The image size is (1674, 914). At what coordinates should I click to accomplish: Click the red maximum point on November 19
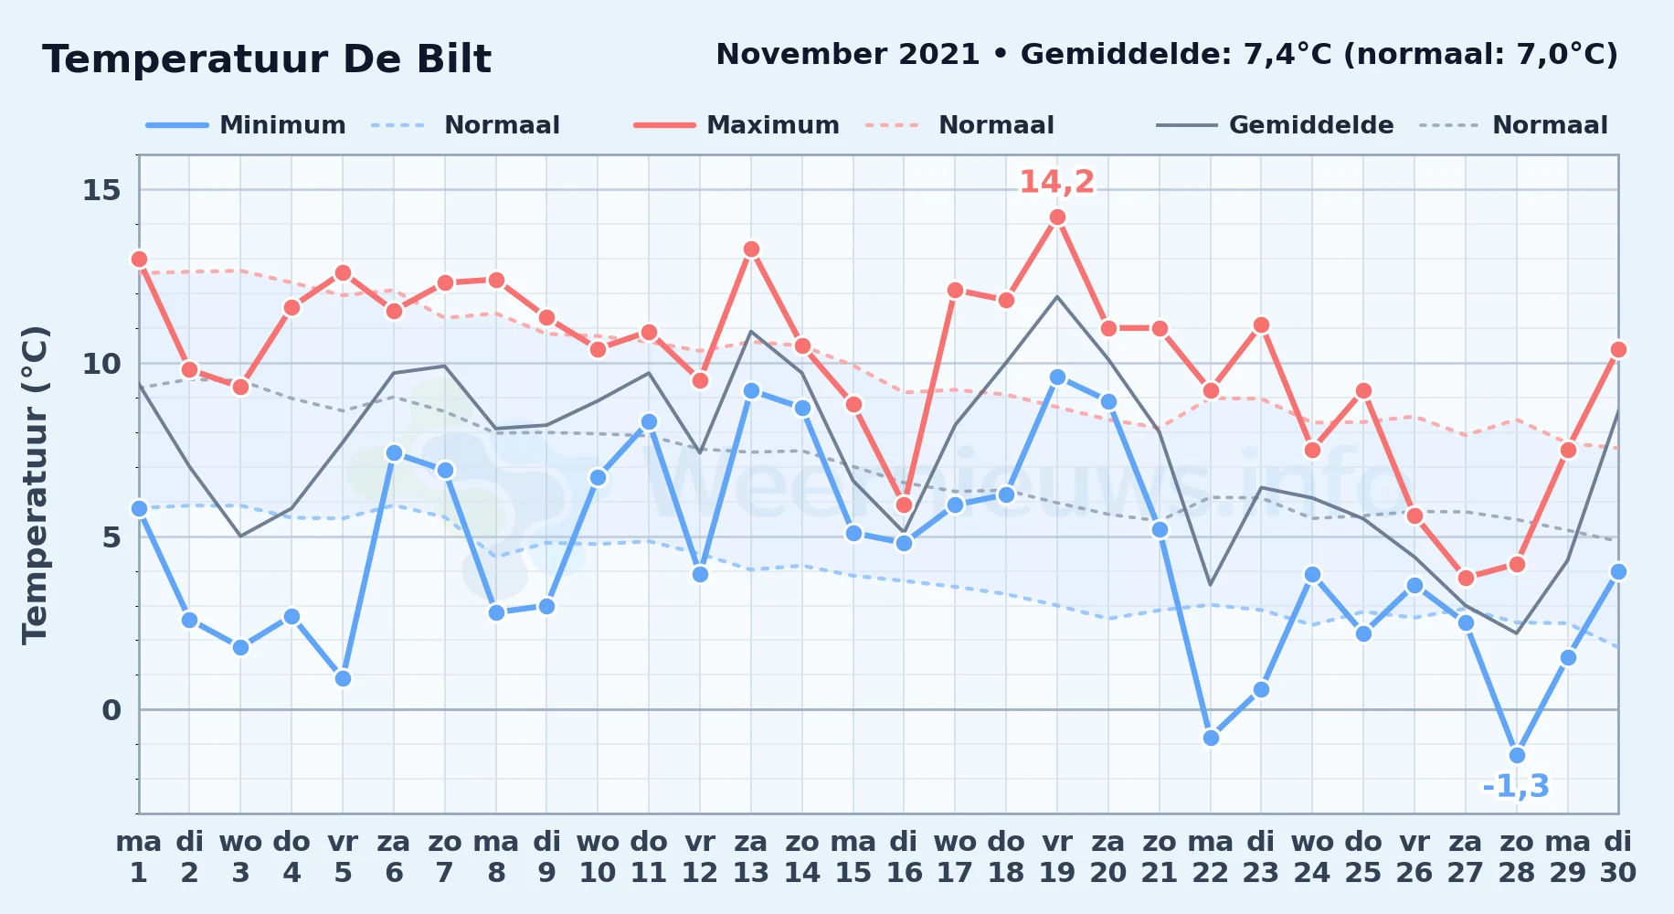click(1057, 218)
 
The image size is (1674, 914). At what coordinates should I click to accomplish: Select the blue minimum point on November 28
click(1517, 755)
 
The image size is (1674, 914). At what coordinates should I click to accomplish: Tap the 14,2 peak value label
click(1056, 182)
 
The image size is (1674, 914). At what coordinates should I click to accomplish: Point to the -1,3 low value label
click(1516, 786)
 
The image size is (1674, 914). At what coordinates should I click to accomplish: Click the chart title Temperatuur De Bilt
click(267, 59)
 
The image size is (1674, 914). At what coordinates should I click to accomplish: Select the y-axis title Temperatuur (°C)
click(35, 484)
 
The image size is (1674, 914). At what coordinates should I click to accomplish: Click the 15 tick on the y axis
click(101, 190)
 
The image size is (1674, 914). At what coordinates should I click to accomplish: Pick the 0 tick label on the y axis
click(111, 710)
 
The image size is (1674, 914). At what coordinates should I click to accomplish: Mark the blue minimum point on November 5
click(343, 678)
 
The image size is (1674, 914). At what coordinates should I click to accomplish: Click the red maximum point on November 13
click(751, 249)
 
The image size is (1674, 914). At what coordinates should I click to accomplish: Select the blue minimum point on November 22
click(1211, 738)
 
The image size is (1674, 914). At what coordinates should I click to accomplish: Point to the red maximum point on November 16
click(904, 505)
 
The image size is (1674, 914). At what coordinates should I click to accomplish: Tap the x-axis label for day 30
click(1618, 857)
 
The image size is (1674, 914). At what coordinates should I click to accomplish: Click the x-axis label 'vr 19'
click(1057, 857)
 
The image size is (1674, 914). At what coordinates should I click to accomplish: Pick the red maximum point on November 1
click(139, 259)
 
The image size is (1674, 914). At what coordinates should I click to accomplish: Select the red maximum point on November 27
click(1466, 578)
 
